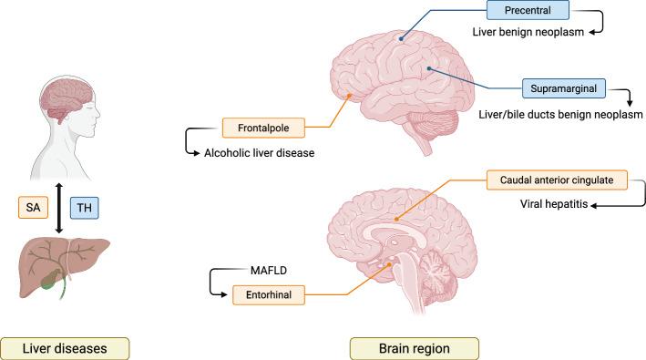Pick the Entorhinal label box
[266, 294]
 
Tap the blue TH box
[83, 207]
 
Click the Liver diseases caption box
[64, 347]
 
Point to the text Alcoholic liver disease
[259, 153]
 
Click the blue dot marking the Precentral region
[400, 36]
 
